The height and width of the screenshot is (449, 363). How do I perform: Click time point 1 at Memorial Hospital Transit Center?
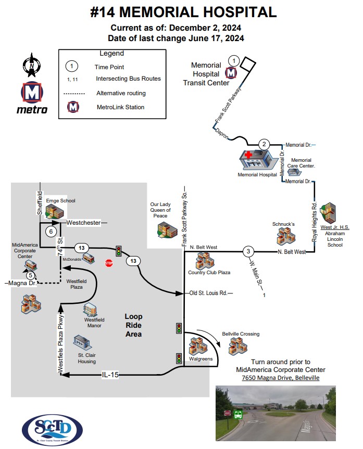(234, 61)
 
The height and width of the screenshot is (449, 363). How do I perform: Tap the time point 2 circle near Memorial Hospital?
(264, 144)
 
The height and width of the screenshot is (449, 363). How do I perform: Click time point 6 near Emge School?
(51, 231)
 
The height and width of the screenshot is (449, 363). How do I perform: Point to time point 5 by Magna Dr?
(31, 275)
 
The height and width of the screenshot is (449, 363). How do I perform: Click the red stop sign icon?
(109, 263)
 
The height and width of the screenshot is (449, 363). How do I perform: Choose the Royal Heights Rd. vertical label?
(315, 219)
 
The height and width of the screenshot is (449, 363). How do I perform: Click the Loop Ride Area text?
(133, 325)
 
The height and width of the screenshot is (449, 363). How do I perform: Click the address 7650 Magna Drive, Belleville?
(280, 378)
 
